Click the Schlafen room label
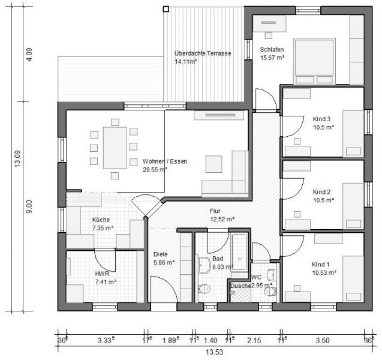point(272,49)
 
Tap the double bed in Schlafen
point(314,61)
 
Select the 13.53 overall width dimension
point(215,352)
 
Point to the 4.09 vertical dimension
point(29,55)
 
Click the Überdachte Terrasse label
point(203,53)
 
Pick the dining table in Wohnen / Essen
point(115,148)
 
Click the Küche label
point(101,220)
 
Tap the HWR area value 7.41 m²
point(106,282)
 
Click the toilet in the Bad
point(204,289)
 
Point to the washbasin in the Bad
point(204,265)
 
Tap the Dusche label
point(240,286)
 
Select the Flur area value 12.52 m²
point(222,219)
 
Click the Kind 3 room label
point(321,119)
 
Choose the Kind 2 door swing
point(293,188)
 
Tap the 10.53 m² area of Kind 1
point(324,272)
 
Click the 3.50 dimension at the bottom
point(323,340)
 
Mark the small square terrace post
point(166,9)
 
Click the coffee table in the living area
point(214,164)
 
